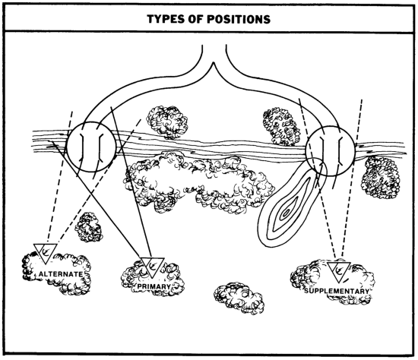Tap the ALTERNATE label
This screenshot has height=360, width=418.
(61, 274)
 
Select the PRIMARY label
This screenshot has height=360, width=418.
(154, 286)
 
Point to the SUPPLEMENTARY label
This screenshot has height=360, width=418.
(337, 291)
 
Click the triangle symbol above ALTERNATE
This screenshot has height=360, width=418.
(45, 253)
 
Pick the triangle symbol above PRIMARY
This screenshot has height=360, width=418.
(152, 267)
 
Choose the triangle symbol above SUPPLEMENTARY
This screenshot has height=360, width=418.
(338, 272)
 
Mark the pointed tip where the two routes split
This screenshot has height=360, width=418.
(214, 63)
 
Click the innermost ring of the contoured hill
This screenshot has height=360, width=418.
(286, 213)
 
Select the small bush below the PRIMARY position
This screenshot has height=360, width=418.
(239, 298)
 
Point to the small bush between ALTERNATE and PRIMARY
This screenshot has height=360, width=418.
(89, 227)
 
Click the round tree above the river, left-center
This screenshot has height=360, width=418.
(167, 122)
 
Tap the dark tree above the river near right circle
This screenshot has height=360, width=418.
(281, 126)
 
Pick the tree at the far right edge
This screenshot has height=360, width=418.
(381, 177)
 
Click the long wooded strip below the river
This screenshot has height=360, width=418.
(198, 184)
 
